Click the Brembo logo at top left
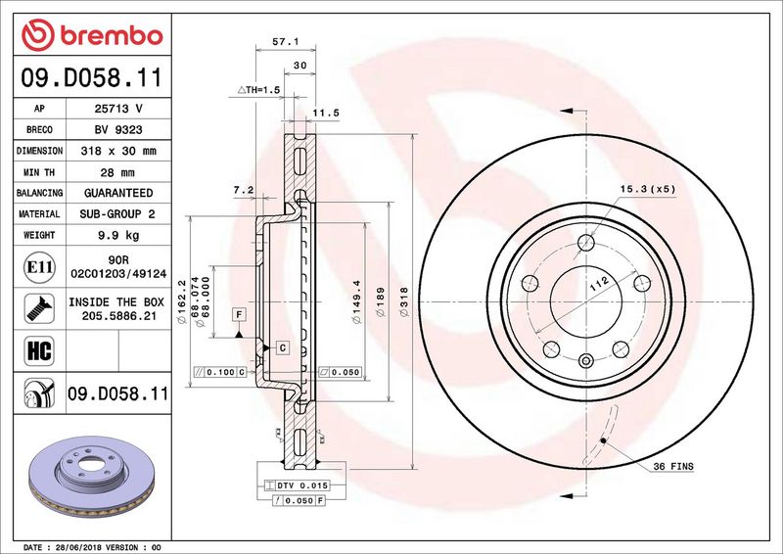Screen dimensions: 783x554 92,35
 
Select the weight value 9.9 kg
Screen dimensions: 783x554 118,235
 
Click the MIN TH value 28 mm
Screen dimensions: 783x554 117,172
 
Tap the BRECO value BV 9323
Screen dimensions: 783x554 118,129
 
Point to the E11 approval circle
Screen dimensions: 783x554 39,267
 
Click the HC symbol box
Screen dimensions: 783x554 39,350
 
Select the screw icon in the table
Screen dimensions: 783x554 39,308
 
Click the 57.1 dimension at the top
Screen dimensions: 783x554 286,42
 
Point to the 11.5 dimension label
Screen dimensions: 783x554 326,113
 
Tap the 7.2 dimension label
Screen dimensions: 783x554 244,190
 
